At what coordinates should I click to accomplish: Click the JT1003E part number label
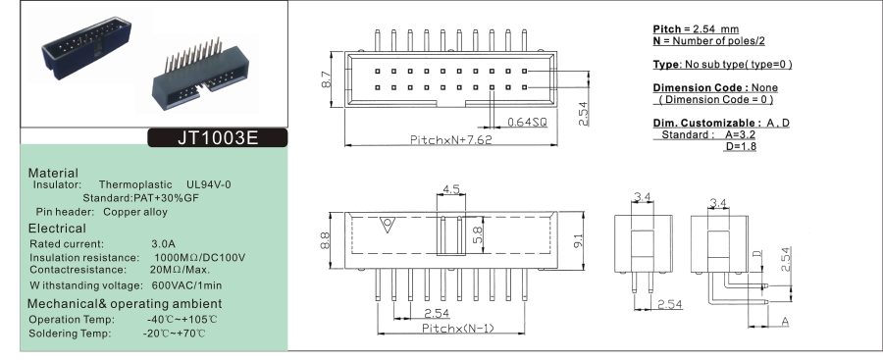pyautogui.click(x=218, y=138)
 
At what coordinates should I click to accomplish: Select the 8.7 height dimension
pyautogui.click(x=326, y=78)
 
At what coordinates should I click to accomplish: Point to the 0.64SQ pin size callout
pyautogui.click(x=527, y=122)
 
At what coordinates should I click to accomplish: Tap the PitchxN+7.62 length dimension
pyautogui.click(x=450, y=139)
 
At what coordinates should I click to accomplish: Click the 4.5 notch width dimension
pyautogui.click(x=451, y=189)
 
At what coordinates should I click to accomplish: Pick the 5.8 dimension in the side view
pyautogui.click(x=477, y=234)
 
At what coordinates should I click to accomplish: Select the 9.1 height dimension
pyautogui.click(x=579, y=240)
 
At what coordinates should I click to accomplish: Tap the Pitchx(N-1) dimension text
pyautogui.click(x=458, y=328)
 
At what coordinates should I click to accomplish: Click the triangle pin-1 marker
pyautogui.click(x=387, y=225)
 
